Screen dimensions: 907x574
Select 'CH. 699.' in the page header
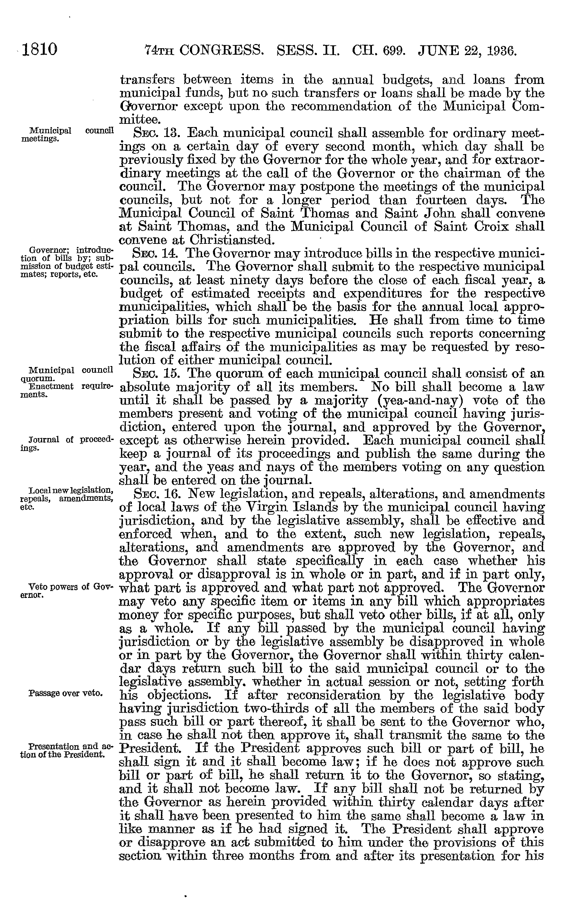click(x=373, y=50)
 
